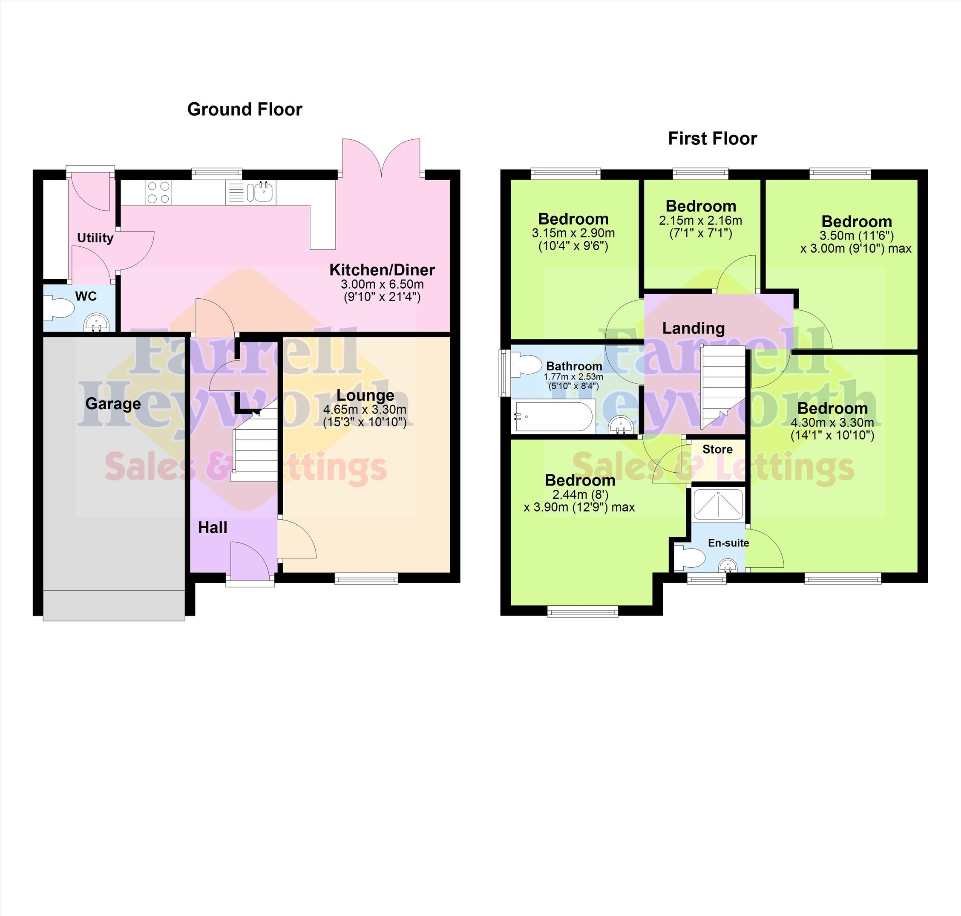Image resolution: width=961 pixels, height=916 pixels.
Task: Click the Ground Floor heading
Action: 245,110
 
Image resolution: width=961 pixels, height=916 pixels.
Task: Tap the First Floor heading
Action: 712,139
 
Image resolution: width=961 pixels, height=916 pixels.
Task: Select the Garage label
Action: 113,404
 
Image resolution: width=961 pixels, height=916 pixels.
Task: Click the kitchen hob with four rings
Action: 158,192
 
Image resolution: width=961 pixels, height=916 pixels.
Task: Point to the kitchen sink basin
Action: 261,192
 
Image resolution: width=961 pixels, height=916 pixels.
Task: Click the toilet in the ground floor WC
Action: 58,309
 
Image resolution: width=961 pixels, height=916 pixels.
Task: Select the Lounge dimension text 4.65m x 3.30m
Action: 365,410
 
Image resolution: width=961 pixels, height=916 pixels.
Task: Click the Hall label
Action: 213,527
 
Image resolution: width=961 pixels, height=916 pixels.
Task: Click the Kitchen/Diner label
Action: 382,269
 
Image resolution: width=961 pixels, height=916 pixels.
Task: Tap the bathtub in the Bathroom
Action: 553,416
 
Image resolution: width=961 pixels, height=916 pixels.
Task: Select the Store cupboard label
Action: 717,449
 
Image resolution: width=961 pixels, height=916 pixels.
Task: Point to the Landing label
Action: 693,329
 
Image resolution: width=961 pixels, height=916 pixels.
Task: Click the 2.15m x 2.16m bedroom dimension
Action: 700,221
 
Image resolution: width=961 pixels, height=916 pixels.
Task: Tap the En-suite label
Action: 728,543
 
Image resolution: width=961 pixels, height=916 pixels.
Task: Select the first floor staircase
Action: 724,387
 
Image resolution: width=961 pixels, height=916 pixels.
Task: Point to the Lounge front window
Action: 366,579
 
